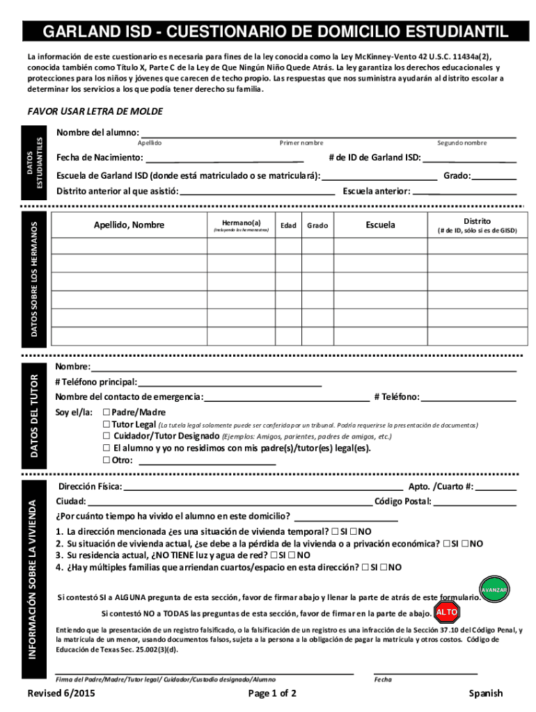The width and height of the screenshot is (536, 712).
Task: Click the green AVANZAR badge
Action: click(x=494, y=590)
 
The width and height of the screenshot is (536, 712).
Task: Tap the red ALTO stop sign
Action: click(x=446, y=613)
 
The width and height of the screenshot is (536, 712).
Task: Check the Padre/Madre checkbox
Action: click(x=107, y=412)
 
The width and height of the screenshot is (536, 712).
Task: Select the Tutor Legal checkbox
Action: click(x=107, y=424)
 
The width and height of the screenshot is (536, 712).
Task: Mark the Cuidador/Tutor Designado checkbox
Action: click(x=107, y=436)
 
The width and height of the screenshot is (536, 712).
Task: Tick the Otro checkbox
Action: click(x=107, y=460)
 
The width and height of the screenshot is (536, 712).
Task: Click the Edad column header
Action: click(x=287, y=225)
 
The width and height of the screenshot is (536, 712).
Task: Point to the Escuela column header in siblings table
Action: click(x=380, y=225)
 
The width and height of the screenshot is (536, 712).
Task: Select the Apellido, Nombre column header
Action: click(x=129, y=225)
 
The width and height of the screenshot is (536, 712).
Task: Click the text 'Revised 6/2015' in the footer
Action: click(x=61, y=693)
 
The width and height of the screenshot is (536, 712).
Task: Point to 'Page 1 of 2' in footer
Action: click(x=272, y=693)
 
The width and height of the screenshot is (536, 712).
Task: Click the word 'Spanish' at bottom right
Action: click(x=485, y=693)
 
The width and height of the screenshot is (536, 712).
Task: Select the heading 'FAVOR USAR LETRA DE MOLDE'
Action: click(x=95, y=111)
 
